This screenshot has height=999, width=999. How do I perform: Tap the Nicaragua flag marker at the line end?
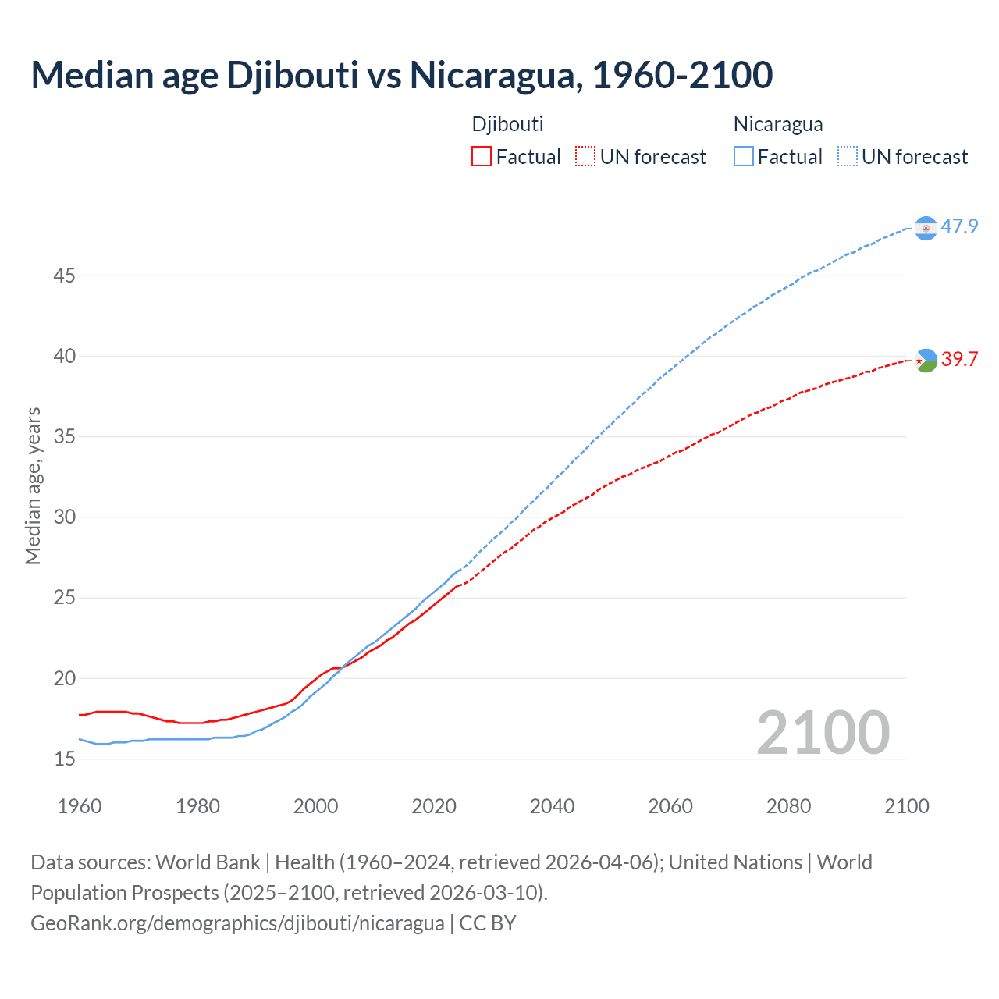[x=926, y=228]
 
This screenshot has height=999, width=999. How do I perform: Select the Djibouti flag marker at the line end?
[x=926, y=360]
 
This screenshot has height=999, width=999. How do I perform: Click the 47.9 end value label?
[x=959, y=227]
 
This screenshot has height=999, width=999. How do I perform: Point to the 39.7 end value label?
[x=959, y=359]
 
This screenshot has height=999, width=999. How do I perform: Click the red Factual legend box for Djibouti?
[x=482, y=157]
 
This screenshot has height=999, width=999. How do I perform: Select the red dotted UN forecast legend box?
[x=585, y=157]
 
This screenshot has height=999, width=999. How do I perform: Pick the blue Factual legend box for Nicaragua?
[x=744, y=157]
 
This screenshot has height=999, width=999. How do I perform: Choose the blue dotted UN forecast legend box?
[x=848, y=157]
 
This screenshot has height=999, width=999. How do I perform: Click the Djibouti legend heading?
[x=507, y=124]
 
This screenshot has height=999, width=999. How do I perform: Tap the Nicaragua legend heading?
[x=778, y=124]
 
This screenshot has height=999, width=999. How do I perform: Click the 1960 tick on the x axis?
[x=80, y=806]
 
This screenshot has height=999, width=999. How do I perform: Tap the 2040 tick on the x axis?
[x=552, y=806]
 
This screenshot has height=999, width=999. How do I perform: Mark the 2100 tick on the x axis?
[x=906, y=806]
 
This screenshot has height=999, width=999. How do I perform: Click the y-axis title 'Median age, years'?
[x=33, y=485]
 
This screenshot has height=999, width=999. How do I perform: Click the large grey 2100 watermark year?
[x=823, y=733]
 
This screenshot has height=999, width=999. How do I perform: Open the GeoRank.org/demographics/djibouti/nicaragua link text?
[x=237, y=923]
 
